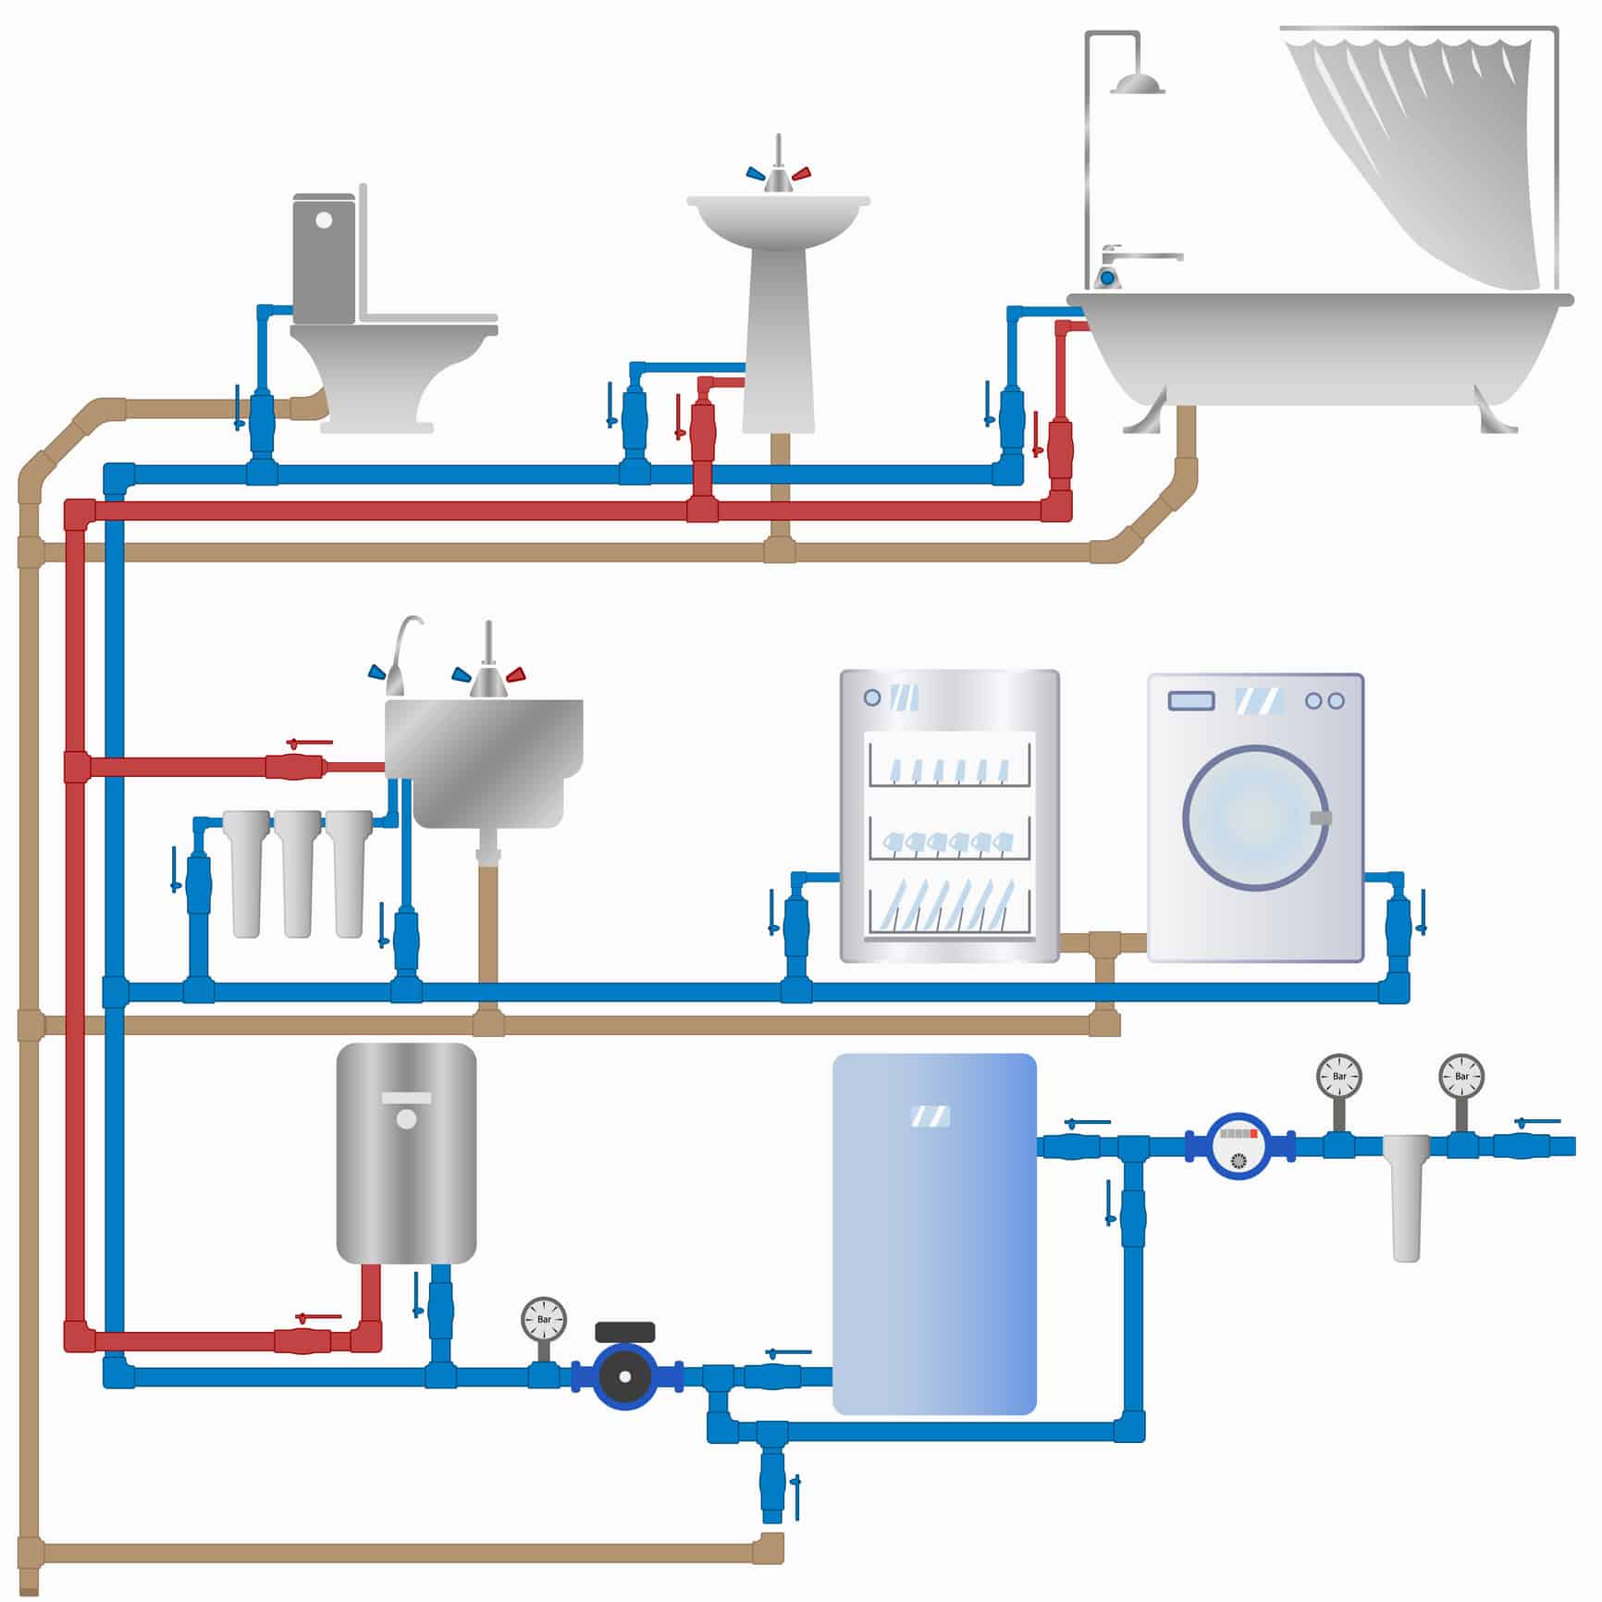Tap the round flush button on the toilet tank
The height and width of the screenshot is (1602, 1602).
pyautogui.click(x=324, y=220)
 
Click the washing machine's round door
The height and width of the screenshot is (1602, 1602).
pyautogui.click(x=1255, y=818)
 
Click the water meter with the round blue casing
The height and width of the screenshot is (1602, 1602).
pyautogui.click(x=1239, y=1145)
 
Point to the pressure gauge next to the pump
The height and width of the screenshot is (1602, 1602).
pyautogui.click(x=544, y=1319)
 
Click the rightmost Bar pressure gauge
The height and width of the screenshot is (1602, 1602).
pyautogui.click(x=1460, y=1076)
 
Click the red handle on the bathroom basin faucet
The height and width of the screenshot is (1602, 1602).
pyautogui.click(x=801, y=173)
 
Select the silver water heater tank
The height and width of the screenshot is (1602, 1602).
pyautogui.click(x=406, y=1152)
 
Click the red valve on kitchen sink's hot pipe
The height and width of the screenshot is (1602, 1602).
pyautogui.click(x=294, y=766)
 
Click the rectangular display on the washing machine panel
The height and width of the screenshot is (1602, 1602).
pyautogui.click(x=1191, y=700)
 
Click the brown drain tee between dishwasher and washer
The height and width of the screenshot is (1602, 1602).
pyautogui.click(x=1104, y=946)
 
